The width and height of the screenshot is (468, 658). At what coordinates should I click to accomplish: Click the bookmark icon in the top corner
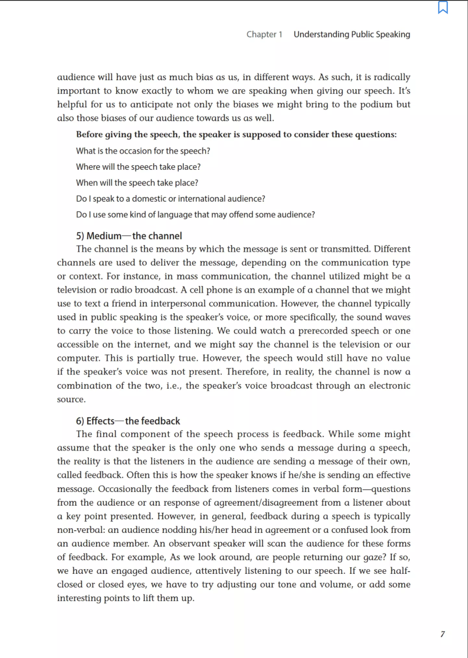443,8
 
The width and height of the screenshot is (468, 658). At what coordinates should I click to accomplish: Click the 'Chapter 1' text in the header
264,34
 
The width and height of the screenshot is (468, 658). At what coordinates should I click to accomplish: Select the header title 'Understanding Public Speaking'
352,34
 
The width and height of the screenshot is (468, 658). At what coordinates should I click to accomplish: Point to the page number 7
442,634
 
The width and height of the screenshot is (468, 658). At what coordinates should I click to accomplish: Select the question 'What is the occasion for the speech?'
143,151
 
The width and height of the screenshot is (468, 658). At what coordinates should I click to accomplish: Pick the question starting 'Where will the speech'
138,167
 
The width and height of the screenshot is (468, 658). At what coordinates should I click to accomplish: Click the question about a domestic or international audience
171,199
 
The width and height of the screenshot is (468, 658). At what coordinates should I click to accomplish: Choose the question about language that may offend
195,215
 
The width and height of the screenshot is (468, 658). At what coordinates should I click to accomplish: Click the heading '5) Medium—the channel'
129,236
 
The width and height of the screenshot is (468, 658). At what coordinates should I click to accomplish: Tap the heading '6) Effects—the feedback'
128,421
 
